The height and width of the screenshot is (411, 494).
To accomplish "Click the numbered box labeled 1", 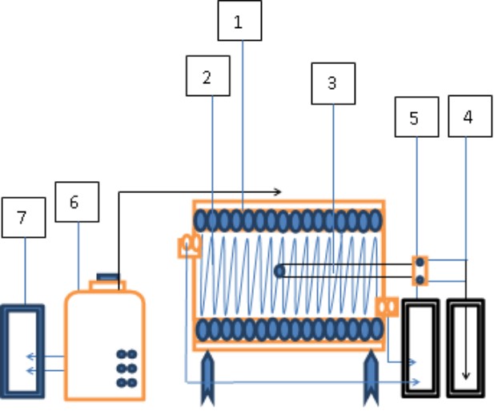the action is click(x=239, y=21).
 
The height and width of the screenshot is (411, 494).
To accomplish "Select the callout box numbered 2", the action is click(x=208, y=75).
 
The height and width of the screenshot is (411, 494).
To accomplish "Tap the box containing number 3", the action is click(x=333, y=83).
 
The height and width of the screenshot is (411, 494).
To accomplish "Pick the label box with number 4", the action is click(x=470, y=116).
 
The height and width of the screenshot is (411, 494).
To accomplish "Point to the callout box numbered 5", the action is click(x=416, y=117).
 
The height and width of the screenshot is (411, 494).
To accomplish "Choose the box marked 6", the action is click(x=77, y=202).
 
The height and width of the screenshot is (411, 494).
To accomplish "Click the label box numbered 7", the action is click(x=24, y=217).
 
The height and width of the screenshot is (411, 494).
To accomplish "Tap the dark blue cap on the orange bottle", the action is click(x=108, y=277).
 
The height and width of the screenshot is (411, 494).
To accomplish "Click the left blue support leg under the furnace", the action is click(x=207, y=377).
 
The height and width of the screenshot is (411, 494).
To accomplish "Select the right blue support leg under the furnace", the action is click(x=371, y=377).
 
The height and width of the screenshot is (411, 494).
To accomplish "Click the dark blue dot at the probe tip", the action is click(x=279, y=271).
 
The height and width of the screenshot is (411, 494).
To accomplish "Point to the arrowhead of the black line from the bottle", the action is click(x=278, y=191).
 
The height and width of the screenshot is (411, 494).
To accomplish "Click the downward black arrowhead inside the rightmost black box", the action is click(x=466, y=376).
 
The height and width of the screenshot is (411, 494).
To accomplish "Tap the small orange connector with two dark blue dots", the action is click(x=420, y=271).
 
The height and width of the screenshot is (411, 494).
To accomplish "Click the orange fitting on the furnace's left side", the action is click(x=190, y=246).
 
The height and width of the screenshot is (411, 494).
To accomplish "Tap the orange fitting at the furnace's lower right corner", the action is click(x=387, y=307).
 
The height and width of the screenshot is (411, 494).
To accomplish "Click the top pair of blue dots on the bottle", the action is click(x=127, y=354).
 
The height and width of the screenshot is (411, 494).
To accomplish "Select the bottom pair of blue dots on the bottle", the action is click(x=127, y=383).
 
